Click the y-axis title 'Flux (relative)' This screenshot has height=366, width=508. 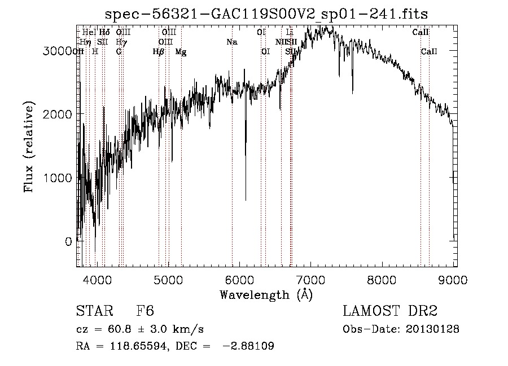(x=28, y=147)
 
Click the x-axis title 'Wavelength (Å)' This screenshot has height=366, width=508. (x=266, y=294)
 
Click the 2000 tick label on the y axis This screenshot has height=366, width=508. (x=59, y=114)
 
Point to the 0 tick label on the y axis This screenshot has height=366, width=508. (x=68, y=242)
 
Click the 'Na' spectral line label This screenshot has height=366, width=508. (x=232, y=42)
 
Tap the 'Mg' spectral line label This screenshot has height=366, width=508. (x=181, y=52)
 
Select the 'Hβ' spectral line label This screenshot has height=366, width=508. (x=158, y=52)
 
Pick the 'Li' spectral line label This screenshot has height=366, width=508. (x=290, y=32)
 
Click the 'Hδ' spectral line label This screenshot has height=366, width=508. (x=104, y=32)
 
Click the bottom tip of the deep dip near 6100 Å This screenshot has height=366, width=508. (x=246, y=200)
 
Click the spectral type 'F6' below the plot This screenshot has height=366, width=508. (x=145, y=311)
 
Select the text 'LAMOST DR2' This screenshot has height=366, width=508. (x=390, y=311)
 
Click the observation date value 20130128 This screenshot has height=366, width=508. (x=433, y=329)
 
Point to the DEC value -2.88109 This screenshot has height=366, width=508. (x=249, y=346)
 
